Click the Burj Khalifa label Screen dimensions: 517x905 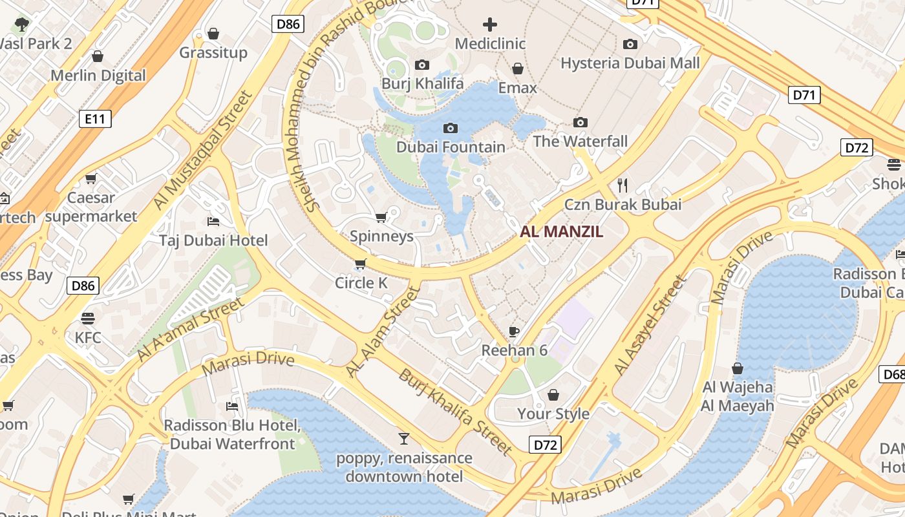(x=422, y=83)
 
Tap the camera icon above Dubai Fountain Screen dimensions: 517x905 (x=451, y=128)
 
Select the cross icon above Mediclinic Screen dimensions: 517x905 (x=490, y=25)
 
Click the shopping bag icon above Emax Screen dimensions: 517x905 (x=517, y=69)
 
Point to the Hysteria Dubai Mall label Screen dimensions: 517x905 (x=630, y=63)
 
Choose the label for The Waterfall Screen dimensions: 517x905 (x=580, y=142)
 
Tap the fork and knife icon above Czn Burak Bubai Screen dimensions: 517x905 (x=623, y=185)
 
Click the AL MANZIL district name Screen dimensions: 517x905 (x=561, y=231)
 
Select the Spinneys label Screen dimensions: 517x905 (x=381, y=237)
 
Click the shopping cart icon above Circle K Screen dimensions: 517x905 (x=360, y=264)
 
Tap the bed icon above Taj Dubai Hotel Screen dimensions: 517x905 (x=213, y=222)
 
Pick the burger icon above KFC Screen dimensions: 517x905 (x=88, y=318)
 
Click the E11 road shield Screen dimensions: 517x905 (x=95, y=119)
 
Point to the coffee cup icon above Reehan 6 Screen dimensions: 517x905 (x=514, y=332)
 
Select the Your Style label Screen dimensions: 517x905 (x=553, y=414)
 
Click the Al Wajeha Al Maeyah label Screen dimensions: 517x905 (x=737, y=397)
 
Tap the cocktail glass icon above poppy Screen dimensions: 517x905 (x=404, y=439)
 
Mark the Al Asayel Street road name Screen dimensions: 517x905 (x=649, y=325)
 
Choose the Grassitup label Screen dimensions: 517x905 (x=213, y=53)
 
